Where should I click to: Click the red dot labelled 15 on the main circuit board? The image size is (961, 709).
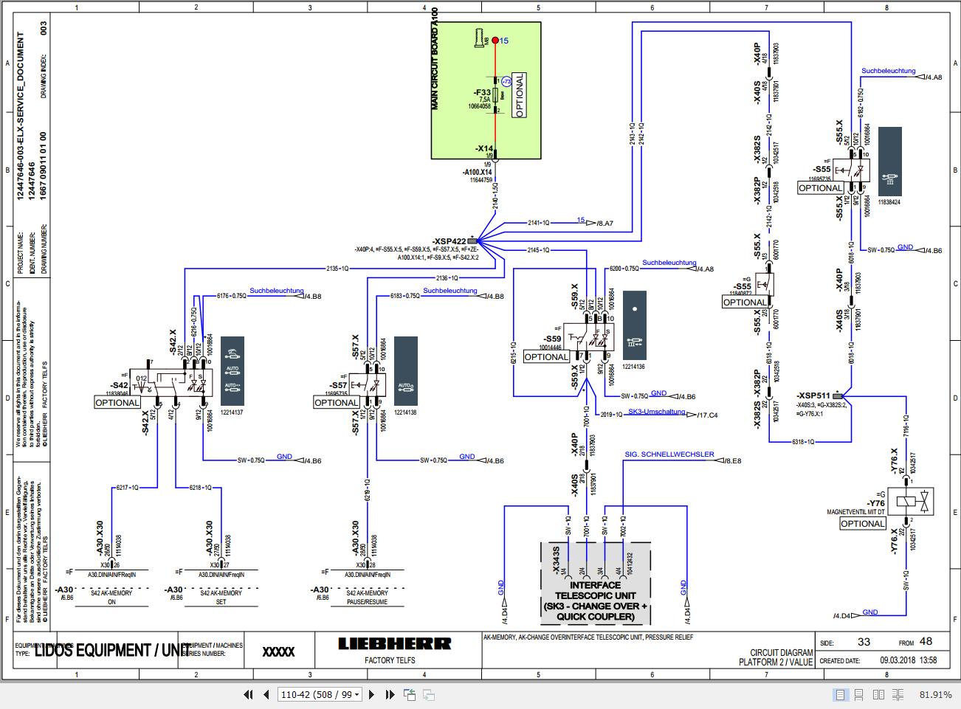(x=495, y=41)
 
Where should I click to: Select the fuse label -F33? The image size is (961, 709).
(x=482, y=93)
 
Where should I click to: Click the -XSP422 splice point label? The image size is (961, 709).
(x=449, y=241)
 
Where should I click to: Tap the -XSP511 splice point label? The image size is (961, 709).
(x=813, y=395)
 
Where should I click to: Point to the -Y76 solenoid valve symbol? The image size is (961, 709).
(x=911, y=502)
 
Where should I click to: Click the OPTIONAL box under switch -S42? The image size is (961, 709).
(x=117, y=402)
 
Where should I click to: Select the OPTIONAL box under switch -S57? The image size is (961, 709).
(x=336, y=402)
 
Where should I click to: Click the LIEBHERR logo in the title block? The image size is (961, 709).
(x=394, y=644)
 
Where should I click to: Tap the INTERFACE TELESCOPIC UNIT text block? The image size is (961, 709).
(x=595, y=601)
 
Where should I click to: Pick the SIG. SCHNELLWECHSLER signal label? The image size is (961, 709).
(x=669, y=454)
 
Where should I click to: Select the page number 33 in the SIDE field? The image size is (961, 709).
(x=864, y=642)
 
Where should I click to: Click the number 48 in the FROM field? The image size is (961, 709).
(x=926, y=642)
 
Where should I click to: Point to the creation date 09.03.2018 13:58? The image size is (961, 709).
(x=908, y=660)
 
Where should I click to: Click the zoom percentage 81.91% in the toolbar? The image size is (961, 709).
(x=935, y=694)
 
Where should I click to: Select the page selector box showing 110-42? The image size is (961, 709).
(x=320, y=694)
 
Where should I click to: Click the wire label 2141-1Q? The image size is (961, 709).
(x=538, y=222)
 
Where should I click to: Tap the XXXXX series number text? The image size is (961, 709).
(x=278, y=651)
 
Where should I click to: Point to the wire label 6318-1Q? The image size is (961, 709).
(x=803, y=442)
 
